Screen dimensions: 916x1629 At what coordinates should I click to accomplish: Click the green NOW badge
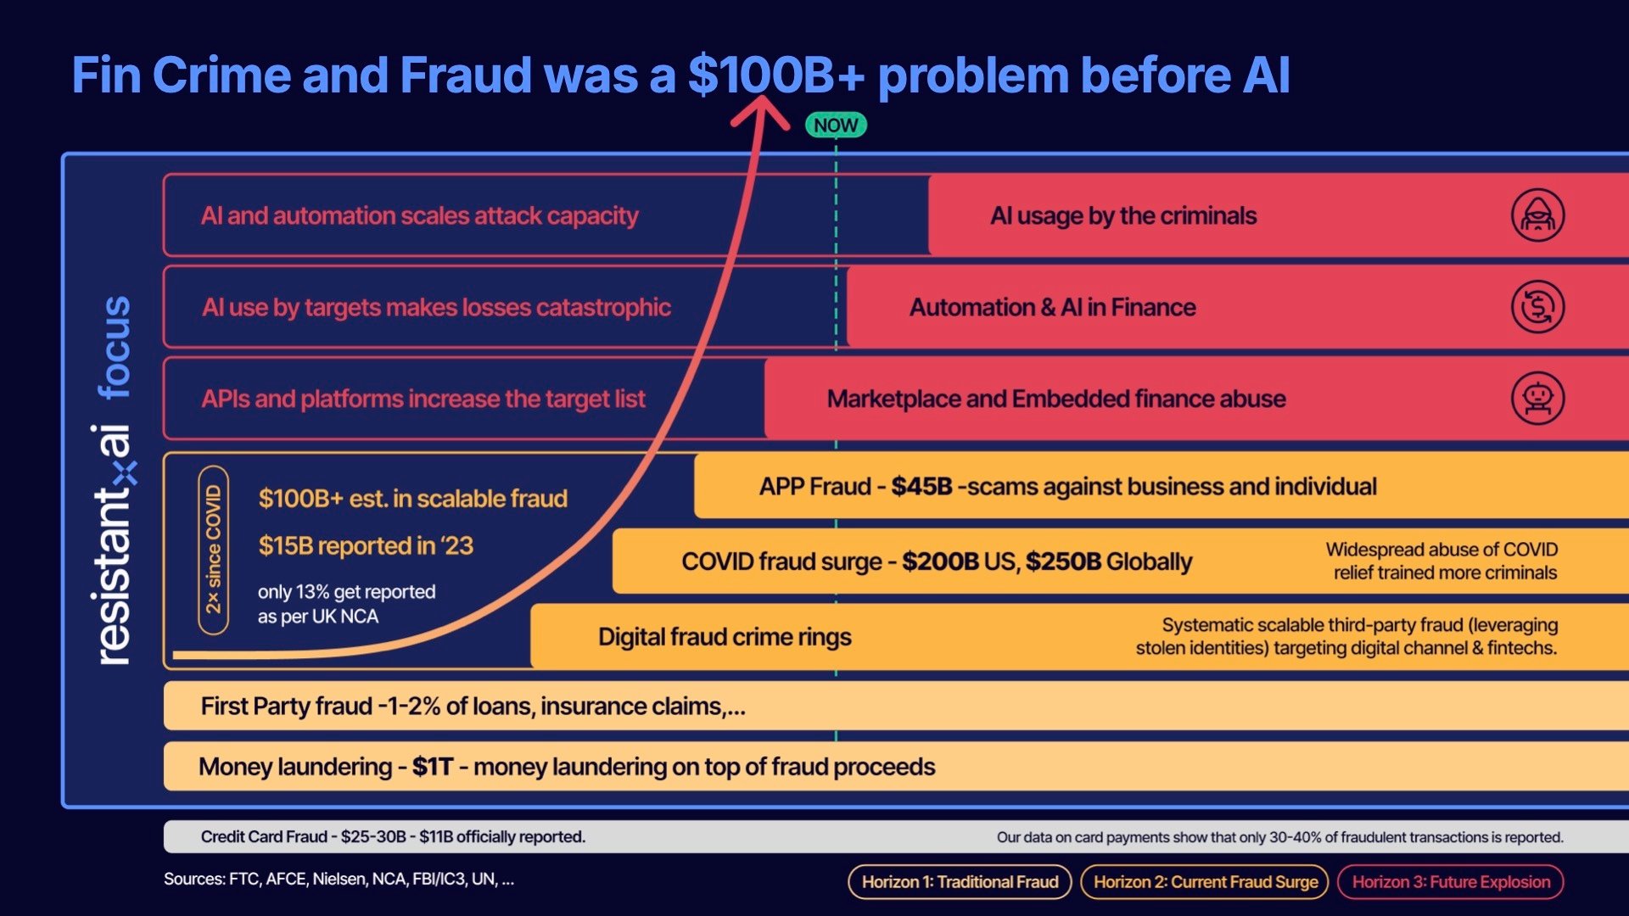pos(836,126)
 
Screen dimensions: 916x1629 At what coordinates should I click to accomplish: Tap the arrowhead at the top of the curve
pos(760,110)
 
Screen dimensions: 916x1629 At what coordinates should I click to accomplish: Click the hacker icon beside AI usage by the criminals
pos(1537,215)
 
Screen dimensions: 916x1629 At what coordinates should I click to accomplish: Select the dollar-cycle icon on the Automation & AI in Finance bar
pos(1537,307)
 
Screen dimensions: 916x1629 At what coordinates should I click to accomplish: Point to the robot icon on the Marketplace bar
pos(1537,399)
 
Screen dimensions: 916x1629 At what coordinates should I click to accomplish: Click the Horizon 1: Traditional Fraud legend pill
pos(960,882)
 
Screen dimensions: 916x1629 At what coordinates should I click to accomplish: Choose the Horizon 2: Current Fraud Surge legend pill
pos(1205,882)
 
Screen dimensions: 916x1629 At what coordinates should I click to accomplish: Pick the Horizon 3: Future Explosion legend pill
pos(1450,882)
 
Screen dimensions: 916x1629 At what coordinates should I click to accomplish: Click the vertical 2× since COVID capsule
pos(213,550)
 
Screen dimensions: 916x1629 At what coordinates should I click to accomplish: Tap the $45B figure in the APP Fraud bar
pos(921,487)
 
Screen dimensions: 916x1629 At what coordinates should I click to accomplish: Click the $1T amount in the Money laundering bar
pos(433,767)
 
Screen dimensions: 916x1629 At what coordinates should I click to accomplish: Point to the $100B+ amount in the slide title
pos(775,75)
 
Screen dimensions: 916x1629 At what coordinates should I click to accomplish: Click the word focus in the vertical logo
pos(115,348)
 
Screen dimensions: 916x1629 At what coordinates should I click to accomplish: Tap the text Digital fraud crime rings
pos(725,637)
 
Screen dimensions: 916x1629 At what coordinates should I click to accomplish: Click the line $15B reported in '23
pos(366,545)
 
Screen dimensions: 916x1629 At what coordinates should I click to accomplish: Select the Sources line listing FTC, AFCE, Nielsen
pos(339,880)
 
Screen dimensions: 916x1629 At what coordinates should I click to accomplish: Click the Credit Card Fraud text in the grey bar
pos(264,837)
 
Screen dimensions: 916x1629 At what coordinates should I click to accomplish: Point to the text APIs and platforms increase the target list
pos(423,399)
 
